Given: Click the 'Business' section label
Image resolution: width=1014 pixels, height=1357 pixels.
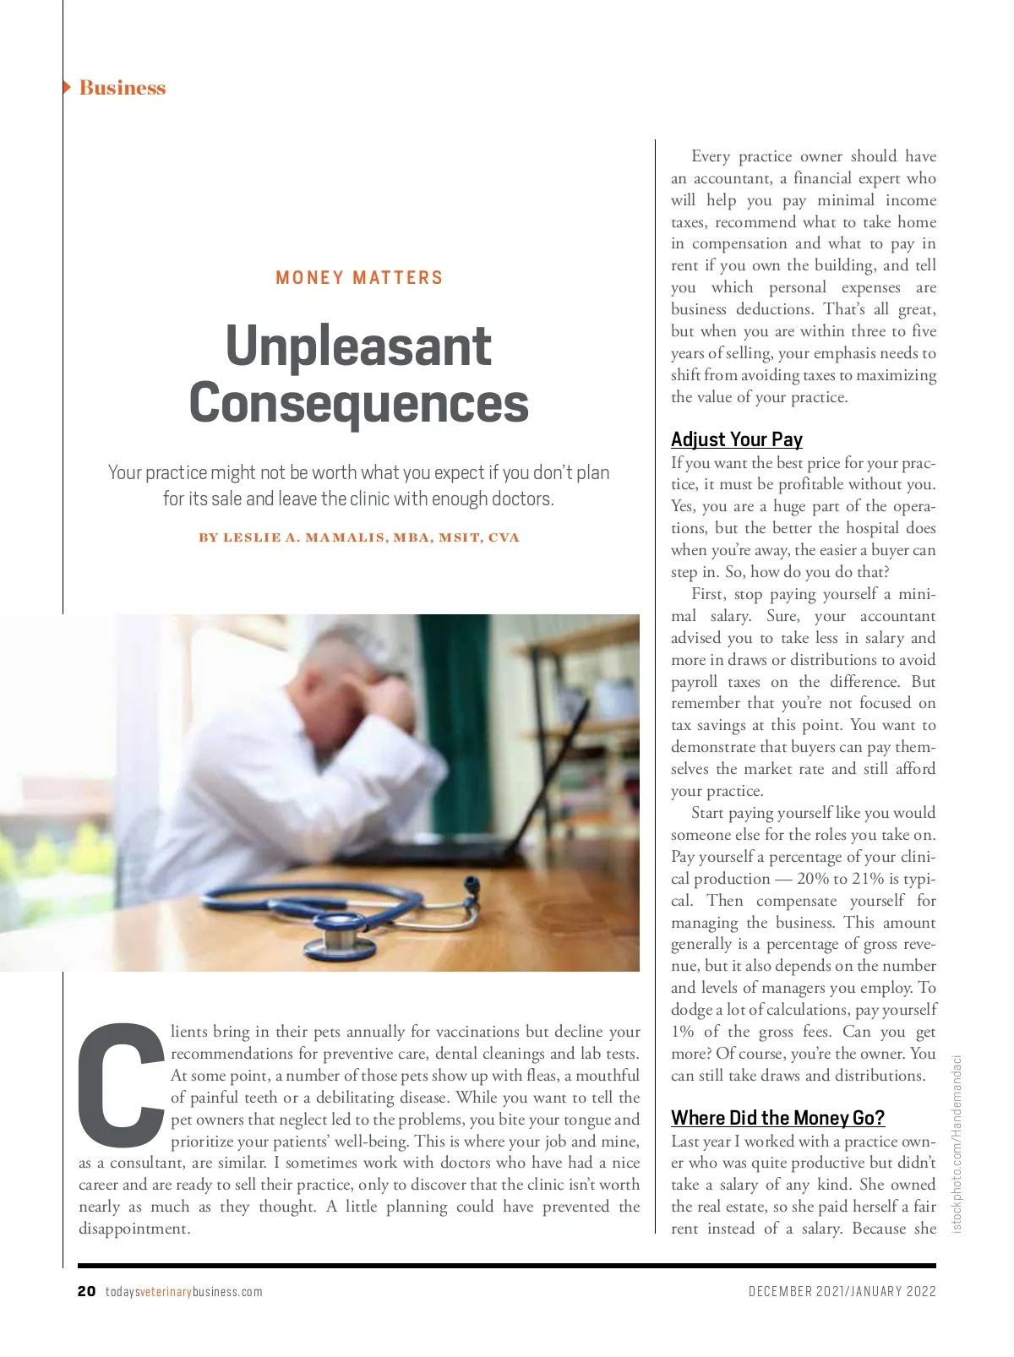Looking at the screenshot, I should (x=122, y=88).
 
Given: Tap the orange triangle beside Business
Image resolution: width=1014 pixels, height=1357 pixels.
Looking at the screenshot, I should (x=67, y=87).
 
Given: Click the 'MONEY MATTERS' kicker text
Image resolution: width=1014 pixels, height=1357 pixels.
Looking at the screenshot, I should (x=359, y=278).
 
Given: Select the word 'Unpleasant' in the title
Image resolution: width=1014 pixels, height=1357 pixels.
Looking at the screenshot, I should (x=358, y=346).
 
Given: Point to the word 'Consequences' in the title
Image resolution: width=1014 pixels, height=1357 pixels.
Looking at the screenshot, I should (x=358, y=403).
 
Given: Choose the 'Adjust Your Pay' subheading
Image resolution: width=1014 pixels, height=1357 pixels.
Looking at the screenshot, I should (x=736, y=439).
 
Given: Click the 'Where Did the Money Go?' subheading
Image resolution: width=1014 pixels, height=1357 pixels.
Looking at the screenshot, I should (x=777, y=1118).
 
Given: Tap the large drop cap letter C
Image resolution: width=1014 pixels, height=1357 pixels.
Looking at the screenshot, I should (x=121, y=1079).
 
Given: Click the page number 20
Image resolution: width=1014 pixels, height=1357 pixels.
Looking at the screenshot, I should (x=86, y=1291).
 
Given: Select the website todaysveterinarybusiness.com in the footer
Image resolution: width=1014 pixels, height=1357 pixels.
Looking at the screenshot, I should (x=184, y=1292).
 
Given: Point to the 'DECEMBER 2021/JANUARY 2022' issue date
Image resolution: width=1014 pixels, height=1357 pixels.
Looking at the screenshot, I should (x=842, y=1291).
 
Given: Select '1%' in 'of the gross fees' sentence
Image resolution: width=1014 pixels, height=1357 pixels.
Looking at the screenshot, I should (x=682, y=1032).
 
